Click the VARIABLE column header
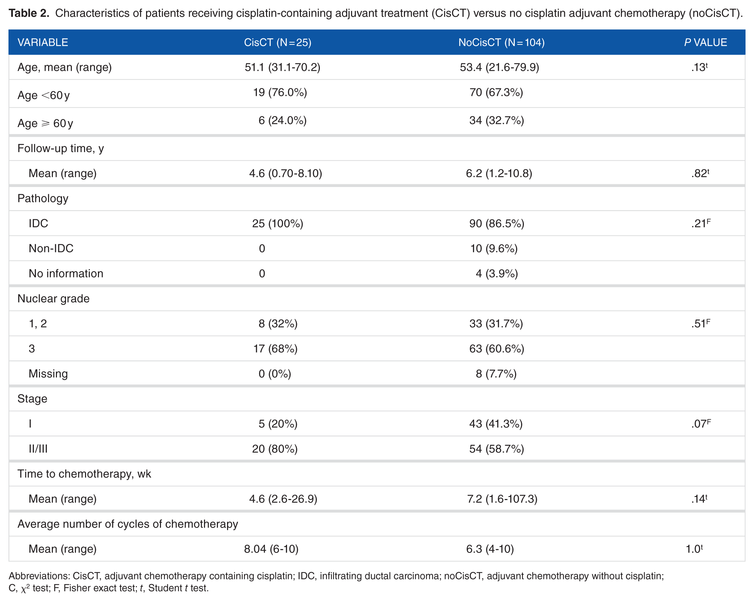[x=43, y=42]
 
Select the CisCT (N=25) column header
[x=278, y=42]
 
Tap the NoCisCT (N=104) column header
[x=502, y=42]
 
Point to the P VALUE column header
[x=706, y=42]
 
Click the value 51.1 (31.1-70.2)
[x=283, y=67]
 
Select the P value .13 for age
[x=699, y=67]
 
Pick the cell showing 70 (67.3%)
[x=496, y=92]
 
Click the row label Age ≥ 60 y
[x=45, y=123]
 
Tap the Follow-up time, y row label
[x=61, y=148]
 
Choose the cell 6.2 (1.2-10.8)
[x=499, y=173]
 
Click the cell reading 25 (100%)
[x=278, y=223]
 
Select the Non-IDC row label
[x=51, y=248]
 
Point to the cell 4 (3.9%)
[x=496, y=273]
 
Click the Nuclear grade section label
[x=54, y=298]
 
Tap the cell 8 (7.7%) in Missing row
[x=496, y=374]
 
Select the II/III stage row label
[x=38, y=449]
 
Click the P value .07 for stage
[x=701, y=423]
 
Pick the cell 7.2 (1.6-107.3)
[x=502, y=499]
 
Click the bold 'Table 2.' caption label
[x=29, y=13]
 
